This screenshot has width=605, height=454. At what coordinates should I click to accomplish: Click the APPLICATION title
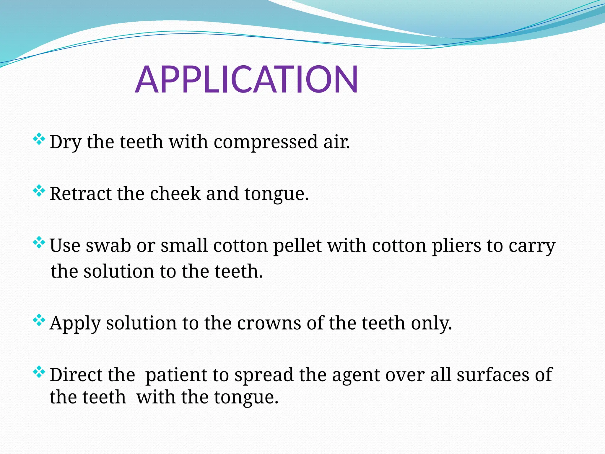point(247,80)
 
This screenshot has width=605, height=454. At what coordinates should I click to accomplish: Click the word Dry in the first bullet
point(65,142)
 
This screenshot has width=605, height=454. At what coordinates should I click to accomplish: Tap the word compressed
point(265,142)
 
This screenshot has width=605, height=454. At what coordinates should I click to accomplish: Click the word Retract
point(80,194)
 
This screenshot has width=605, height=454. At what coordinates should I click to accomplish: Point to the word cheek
point(175,194)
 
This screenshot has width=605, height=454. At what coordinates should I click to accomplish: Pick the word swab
point(108,246)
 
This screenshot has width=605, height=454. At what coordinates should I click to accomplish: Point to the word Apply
point(75,323)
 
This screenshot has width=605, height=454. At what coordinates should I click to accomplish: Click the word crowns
point(269,323)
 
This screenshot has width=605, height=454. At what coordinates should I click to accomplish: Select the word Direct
point(76,375)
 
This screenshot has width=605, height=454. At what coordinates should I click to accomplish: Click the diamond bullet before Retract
point(39,191)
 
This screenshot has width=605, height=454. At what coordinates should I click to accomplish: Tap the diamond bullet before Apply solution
point(39,320)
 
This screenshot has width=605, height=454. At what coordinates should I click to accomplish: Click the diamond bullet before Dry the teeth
point(39,139)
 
